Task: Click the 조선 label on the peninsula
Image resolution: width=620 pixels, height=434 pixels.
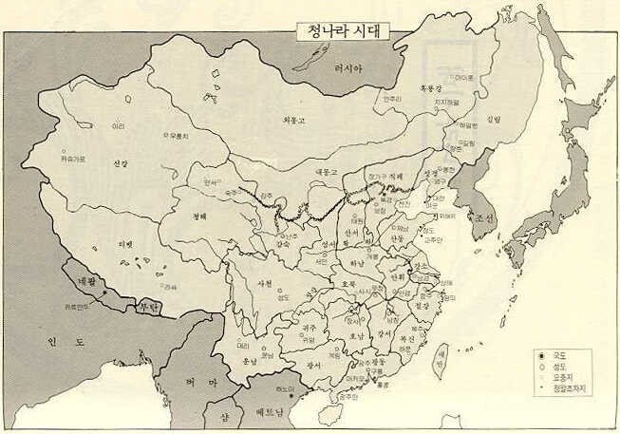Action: pos(483,217)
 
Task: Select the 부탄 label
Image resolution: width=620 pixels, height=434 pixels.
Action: pos(148,306)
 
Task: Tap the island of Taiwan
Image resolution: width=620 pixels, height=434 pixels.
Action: pos(439,361)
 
